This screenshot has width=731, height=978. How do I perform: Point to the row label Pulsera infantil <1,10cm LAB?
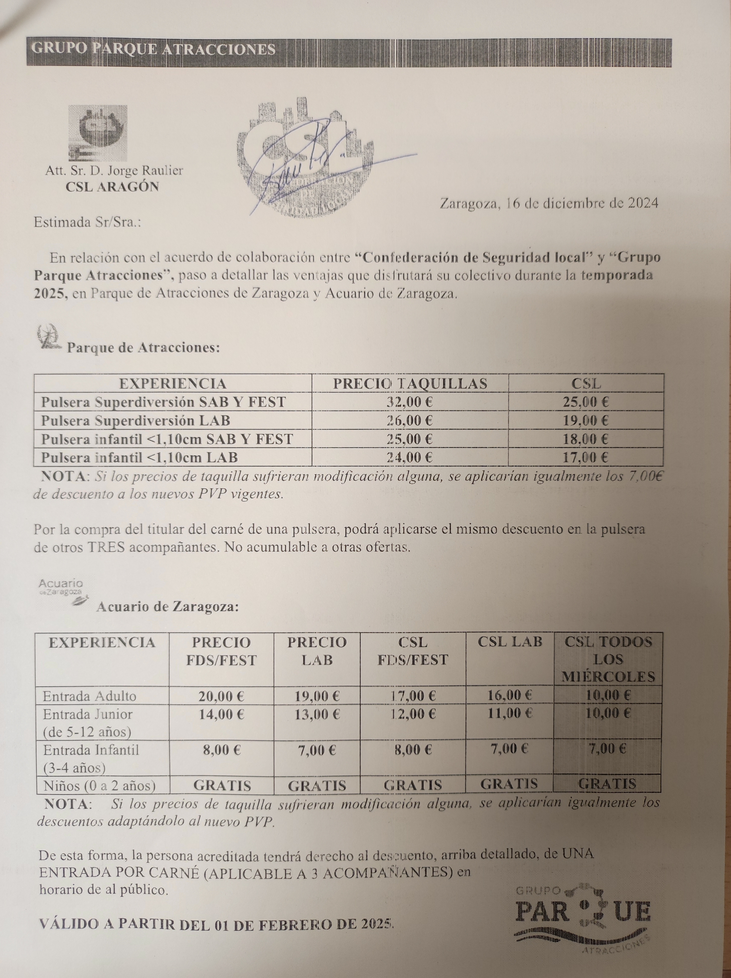140,457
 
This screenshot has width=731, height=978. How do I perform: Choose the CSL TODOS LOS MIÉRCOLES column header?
608,659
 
